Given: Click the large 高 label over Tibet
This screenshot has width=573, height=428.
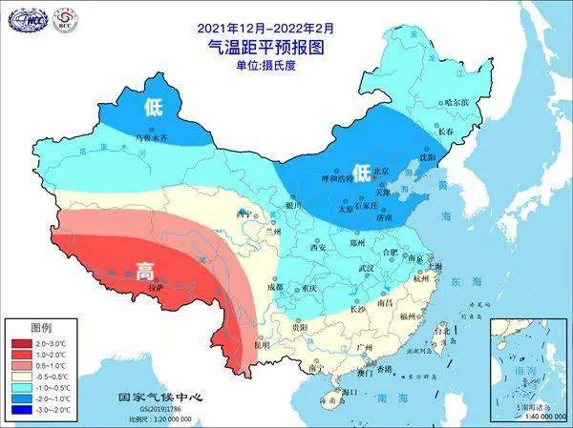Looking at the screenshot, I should click(x=145, y=270).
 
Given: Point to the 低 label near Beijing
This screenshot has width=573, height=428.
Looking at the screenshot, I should click(x=361, y=172).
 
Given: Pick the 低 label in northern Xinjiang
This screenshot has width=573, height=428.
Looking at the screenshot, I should click(x=153, y=107).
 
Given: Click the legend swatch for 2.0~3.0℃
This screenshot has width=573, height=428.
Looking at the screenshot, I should click(x=19, y=341).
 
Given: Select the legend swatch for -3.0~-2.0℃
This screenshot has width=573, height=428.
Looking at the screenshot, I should click(x=19, y=410).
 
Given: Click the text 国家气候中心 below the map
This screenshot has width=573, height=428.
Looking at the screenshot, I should click(x=155, y=397).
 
